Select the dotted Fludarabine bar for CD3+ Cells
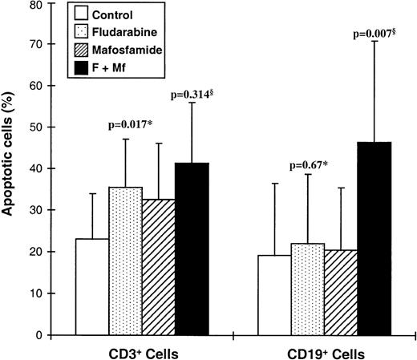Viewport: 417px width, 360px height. click(x=125, y=261)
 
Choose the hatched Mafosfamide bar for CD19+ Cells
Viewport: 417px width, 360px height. click(x=341, y=292)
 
